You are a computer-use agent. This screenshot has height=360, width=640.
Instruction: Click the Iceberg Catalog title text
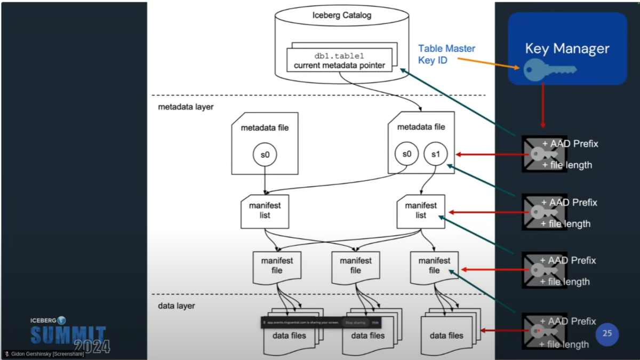tap(342, 15)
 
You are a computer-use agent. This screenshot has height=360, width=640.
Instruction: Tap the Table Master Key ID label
tap(446, 54)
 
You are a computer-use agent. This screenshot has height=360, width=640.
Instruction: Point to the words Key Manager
tap(567, 49)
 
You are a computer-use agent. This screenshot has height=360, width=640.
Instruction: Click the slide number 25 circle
tap(607, 334)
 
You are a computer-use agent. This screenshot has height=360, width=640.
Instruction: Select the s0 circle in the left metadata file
tap(265, 155)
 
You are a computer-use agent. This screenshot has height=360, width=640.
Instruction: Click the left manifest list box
tap(265, 210)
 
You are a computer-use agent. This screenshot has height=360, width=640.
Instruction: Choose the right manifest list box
tap(421, 210)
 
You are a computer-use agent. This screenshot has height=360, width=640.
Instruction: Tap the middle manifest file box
tap(356, 266)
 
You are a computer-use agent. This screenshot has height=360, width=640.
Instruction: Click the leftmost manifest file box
tap(277, 266)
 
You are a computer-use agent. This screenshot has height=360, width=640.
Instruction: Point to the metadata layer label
tap(186, 107)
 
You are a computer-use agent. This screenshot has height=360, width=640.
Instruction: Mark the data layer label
tap(177, 306)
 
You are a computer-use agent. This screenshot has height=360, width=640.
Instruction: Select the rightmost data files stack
tap(446, 334)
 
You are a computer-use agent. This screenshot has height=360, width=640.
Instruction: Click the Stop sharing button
tap(355, 323)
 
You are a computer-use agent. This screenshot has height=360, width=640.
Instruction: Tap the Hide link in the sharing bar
tap(375, 323)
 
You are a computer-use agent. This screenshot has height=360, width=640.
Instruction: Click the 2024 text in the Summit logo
tap(91, 346)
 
